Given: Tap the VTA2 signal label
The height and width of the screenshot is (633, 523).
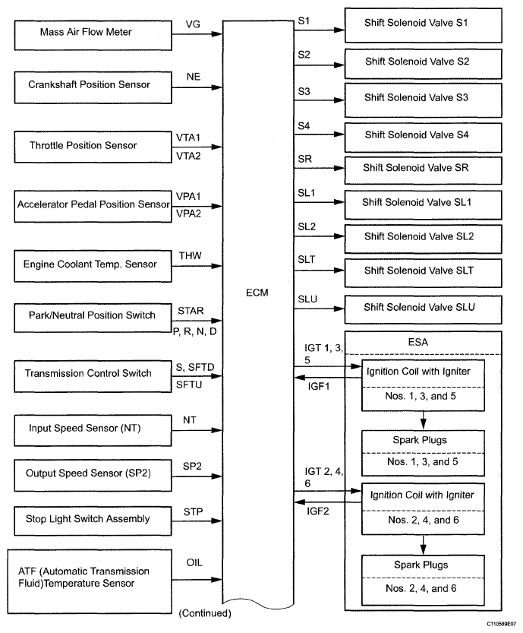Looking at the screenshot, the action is pos(188,157).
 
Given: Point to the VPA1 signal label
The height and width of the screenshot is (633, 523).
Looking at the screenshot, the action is pos(188,196).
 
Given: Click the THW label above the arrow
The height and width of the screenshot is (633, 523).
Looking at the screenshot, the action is pos(191,255).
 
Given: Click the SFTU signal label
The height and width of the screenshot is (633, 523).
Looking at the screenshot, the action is pos(189,385).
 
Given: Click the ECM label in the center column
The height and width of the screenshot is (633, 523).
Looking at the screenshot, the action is pos(257,293).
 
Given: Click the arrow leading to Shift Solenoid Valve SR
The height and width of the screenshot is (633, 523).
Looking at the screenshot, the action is pos(320,169).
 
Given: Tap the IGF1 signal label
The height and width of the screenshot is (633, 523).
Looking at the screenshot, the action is pos(319,386).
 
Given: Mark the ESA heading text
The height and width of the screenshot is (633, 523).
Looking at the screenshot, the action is pos(418,342).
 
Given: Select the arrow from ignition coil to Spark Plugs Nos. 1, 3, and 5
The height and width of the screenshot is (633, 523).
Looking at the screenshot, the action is pos(423,419).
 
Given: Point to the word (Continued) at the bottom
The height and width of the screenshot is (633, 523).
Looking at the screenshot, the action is pos(205,613).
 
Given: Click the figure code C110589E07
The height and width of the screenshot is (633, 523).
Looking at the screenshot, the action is pos(501,624).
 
